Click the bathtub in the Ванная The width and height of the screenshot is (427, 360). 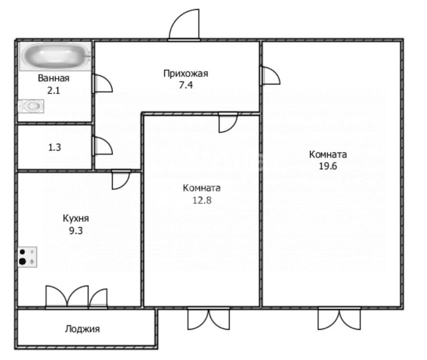tap(55, 57)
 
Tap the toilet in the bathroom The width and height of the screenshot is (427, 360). tap(31, 106)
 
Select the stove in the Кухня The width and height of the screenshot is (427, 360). tap(27, 257)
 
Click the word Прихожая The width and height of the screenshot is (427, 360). tap(186, 73)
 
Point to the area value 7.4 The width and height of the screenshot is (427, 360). tap(186, 85)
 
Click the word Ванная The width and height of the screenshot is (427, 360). tap(54, 78)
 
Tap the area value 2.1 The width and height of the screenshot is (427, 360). tap(54, 90)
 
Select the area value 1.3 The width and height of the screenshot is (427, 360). tap(55, 147)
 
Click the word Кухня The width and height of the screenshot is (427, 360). tap(76, 219)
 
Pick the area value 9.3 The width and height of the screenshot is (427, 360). tap(76, 231)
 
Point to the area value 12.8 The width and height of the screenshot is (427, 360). tap(202, 200)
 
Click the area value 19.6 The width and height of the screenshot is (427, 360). tap(328, 166)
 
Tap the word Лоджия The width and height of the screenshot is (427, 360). tap(82, 329)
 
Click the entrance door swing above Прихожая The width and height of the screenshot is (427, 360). tap(184, 25)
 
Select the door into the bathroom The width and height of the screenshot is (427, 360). tap(103, 83)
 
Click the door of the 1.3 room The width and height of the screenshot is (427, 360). tap(103, 146)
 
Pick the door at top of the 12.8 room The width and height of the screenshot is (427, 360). tap(228, 123)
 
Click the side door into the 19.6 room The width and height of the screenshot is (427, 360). tap(271, 75)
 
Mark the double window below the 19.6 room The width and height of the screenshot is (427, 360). tap(339, 319)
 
